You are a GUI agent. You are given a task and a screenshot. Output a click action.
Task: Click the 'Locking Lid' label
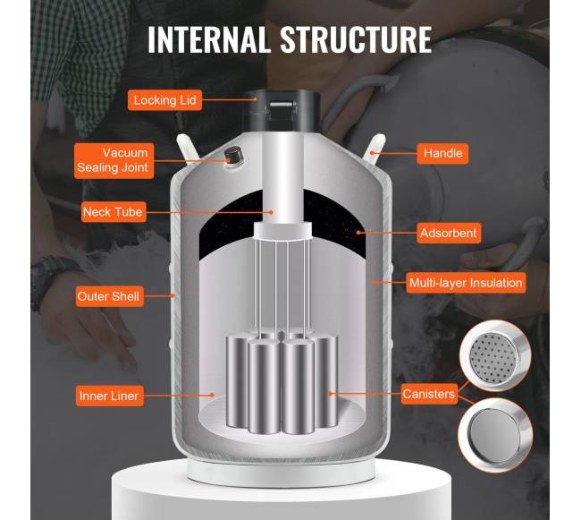[164, 99]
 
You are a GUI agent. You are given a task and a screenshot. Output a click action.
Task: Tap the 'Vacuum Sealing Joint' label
[114, 161]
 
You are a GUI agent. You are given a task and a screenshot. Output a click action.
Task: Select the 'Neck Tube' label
[114, 212]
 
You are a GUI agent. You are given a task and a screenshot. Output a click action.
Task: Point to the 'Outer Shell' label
[109, 296]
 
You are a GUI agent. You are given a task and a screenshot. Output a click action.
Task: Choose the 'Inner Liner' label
[109, 396]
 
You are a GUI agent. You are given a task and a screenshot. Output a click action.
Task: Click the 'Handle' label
[442, 153]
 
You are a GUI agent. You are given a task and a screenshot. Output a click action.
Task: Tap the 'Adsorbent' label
[449, 233]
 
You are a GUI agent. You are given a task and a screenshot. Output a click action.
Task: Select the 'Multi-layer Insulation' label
[466, 283]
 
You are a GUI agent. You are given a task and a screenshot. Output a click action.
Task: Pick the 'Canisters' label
[429, 394]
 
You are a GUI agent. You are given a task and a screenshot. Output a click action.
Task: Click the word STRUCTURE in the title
[356, 39]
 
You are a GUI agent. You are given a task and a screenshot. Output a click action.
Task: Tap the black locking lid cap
[281, 110]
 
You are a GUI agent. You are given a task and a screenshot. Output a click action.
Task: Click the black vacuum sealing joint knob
[233, 156]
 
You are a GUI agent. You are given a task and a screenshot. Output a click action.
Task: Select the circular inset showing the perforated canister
[495, 355]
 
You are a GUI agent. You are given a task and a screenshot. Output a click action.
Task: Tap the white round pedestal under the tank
[282, 490]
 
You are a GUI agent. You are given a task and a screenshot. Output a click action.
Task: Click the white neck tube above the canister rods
[282, 178]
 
